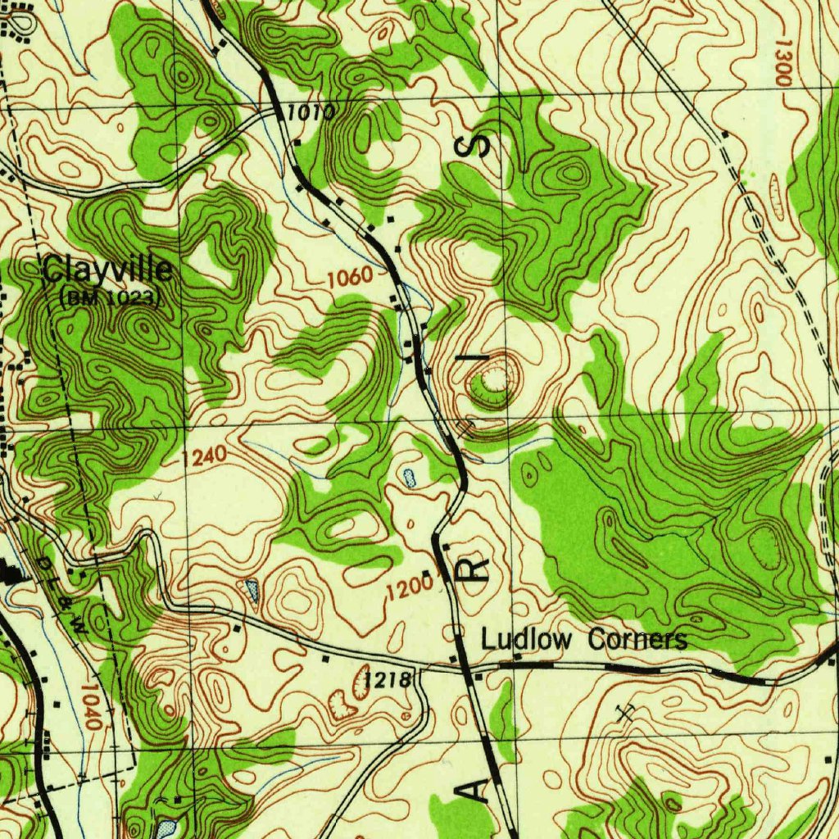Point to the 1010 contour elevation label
[x=306, y=112]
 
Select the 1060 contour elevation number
[x=350, y=279]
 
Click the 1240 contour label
[x=204, y=458]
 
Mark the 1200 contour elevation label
[x=410, y=587]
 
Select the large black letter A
[x=478, y=790]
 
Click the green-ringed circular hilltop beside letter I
[x=494, y=380]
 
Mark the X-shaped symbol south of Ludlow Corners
[x=628, y=712]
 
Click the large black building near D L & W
[x=11, y=574]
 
